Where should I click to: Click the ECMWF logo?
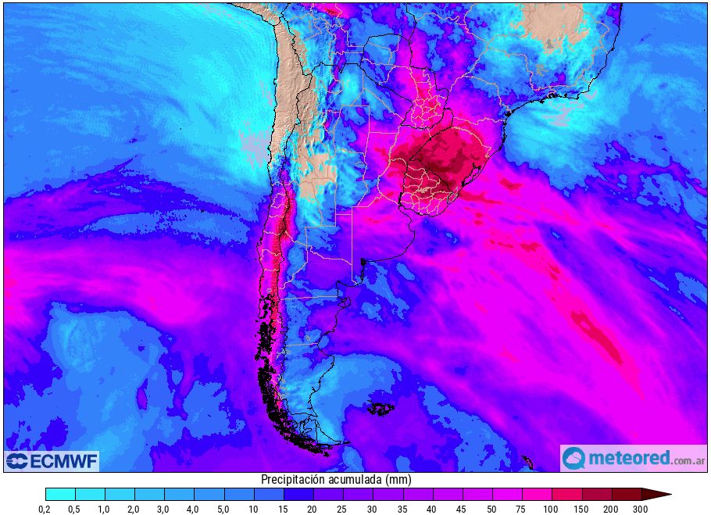tap(52, 461)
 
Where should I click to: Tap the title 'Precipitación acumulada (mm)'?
tap(336, 479)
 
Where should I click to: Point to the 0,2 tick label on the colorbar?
tap(45, 510)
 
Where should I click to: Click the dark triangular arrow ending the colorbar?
tap(655, 494)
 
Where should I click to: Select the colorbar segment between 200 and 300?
tap(626, 494)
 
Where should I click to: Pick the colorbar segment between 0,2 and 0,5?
tap(60, 494)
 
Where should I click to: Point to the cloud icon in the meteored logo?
tap(574, 458)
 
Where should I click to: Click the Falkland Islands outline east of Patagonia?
tap(381, 408)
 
